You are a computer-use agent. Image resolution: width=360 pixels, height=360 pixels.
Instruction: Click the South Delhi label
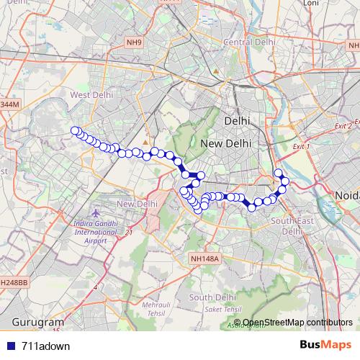[212, 297]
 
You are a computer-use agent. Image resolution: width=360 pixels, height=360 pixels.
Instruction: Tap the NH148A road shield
[204, 258]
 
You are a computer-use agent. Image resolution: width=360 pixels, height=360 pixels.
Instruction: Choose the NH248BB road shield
[12, 283]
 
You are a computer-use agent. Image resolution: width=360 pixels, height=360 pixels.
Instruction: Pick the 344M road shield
[9, 105]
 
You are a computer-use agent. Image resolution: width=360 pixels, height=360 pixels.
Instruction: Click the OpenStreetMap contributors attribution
[298, 322]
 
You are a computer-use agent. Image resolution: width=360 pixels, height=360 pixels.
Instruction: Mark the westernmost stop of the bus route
[75, 130]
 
